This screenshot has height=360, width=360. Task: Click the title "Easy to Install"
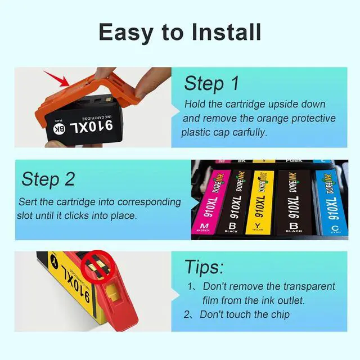[x=180, y=32]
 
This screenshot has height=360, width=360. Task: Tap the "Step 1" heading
[x=211, y=83]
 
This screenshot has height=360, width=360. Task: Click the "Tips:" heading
[x=204, y=266]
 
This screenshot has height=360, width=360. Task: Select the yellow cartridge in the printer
[x=260, y=202]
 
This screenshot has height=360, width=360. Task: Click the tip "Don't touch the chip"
[x=245, y=314]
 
